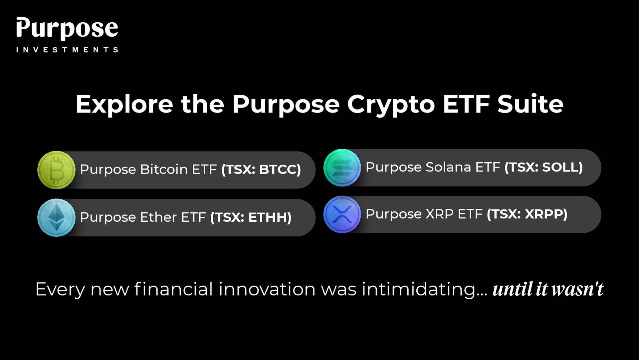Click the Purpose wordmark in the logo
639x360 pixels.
(x=67, y=29)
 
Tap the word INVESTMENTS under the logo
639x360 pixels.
(x=67, y=50)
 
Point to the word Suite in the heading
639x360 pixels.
(x=530, y=104)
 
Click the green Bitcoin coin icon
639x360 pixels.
(x=56, y=170)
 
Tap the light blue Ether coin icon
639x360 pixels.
(x=56, y=217)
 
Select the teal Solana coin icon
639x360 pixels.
(x=342, y=168)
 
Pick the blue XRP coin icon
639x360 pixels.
(x=342, y=214)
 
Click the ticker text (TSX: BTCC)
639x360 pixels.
(x=261, y=170)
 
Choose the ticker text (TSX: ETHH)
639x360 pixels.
(x=251, y=217)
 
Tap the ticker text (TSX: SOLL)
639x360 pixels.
(x=544, y=167)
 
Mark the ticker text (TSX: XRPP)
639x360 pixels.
(x=527, y=214)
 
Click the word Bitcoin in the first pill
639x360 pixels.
(x=164, y=169)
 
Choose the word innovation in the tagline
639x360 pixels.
(x=267, y=289)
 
